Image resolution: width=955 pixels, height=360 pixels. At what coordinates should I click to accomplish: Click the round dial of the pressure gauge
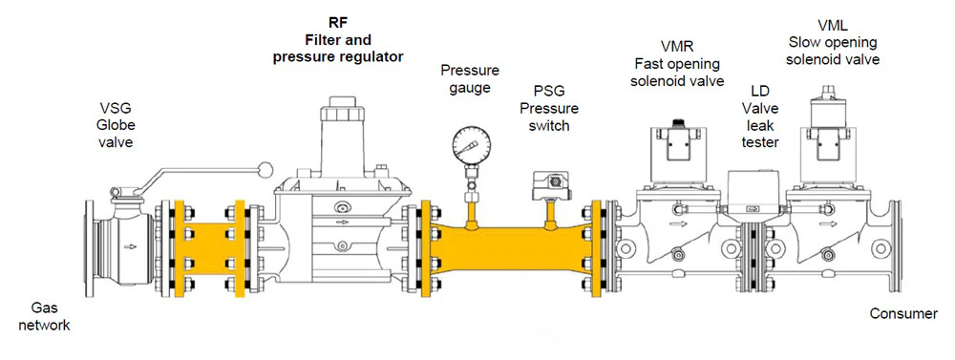point(472,144)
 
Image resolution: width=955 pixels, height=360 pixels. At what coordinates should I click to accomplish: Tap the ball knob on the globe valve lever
point(265,169)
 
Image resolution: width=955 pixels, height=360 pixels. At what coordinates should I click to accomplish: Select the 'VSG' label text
point(116,109)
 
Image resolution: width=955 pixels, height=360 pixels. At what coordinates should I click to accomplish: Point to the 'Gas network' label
point(44,317)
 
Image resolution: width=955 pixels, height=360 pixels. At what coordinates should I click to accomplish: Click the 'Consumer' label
point(903,314)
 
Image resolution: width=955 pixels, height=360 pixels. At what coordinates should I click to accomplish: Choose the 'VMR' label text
point(677,47)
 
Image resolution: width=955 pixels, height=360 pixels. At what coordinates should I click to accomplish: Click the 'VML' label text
point(833,26)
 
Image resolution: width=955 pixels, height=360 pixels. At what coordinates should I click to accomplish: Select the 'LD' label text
point(760,92)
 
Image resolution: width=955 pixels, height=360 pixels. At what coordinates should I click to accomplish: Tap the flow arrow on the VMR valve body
point(677,223)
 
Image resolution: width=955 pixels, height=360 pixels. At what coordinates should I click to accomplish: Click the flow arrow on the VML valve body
point(828,223)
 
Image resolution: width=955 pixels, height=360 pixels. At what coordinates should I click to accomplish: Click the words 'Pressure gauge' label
point(470,78)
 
